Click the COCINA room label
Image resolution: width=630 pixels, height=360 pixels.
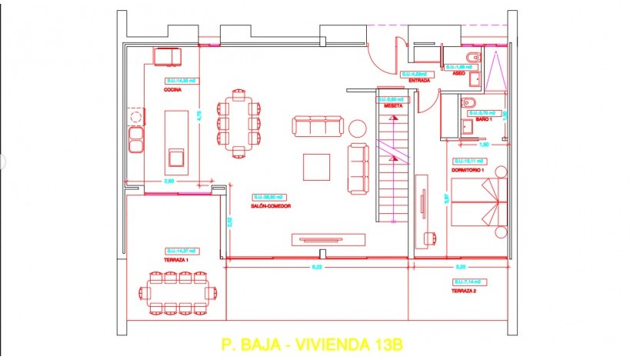click(172, 90)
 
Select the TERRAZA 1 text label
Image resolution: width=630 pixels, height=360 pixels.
click(176, 260)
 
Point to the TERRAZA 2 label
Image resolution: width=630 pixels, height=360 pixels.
click(465, 292)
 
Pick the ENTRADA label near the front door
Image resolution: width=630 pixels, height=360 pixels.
click(419, 80)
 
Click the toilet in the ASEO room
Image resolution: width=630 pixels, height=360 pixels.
click(472, 58)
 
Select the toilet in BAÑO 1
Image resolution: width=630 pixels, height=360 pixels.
click(468, 103)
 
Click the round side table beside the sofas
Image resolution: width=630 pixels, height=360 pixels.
click(358, 127)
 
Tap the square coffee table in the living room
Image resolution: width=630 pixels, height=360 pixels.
click(317, 165)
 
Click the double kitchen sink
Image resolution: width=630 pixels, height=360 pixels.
click(136, 140)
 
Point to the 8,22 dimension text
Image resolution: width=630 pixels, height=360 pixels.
click(316, 266)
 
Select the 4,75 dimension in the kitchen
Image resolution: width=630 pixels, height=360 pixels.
click(198, 115)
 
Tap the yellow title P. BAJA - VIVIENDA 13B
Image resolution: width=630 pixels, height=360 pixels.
click(312, 344)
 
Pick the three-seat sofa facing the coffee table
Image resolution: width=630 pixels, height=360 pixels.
click(316, 125)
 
